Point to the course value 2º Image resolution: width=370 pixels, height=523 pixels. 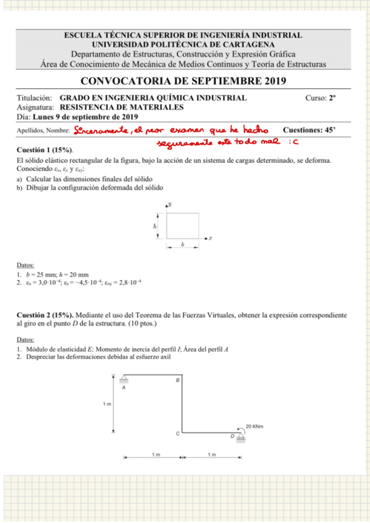point(332,98)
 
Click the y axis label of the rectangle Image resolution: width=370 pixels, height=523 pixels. point(169,204)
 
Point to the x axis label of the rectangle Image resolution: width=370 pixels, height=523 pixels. point(211,237)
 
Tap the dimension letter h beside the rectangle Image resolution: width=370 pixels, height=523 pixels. point(155,226)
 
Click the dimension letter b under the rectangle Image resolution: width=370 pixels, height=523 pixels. point(182,245)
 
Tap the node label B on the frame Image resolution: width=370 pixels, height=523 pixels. point(177,381)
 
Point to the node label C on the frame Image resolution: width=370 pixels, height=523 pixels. point(176,434)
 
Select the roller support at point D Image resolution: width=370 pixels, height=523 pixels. point(240,438)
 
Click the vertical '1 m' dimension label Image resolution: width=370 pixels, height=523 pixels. point(107,404)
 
